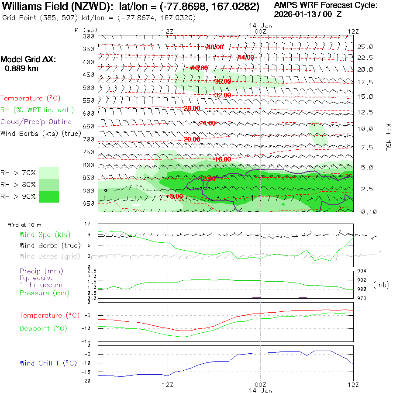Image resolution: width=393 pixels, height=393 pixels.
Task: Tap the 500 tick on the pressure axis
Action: coord(89,88)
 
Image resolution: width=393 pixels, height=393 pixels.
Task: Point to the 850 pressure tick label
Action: coord(89,178)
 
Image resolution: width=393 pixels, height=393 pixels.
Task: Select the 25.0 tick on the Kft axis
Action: coord(365,47)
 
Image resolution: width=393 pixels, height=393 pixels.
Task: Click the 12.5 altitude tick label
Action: coord(365,112)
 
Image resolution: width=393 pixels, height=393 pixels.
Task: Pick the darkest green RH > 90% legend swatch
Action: coord(49,196)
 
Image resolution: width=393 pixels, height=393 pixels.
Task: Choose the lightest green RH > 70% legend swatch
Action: coord(49,173)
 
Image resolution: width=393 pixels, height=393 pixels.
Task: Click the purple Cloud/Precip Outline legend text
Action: coord(36,122)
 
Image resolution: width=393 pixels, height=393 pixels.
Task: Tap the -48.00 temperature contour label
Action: coord(214,47)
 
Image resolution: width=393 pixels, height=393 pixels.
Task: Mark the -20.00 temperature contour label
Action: coord(192,139)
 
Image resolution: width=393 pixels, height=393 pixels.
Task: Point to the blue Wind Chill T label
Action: coord(48,363)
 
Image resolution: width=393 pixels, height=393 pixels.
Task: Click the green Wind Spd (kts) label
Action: coord(45,235)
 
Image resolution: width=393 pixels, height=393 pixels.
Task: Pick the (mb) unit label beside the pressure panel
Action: coord(381,285)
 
